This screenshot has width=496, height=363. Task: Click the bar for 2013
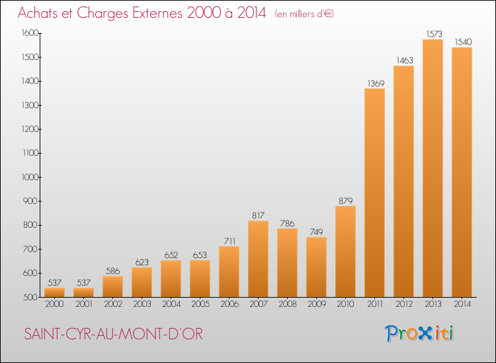coord(433,168)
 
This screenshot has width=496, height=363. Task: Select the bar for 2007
coord(258,259)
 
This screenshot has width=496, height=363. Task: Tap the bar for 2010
coord(345,251)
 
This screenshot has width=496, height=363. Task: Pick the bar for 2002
coord(112,286)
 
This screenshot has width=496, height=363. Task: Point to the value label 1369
coord(376,84)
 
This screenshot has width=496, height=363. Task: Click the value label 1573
coord(434,34)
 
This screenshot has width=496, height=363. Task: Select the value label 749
coord(316,232)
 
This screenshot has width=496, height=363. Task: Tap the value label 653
coord(200,255)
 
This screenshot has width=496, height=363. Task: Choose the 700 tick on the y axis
coord(30,249)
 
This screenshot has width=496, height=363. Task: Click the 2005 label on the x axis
coord(200,304)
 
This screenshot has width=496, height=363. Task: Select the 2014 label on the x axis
coord(462,304)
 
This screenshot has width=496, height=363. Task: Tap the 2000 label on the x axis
coord(54,304)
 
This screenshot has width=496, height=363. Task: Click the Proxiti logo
coord(419,333)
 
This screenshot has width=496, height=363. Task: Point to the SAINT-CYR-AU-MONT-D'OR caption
coord(113,334)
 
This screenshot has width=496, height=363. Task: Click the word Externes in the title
coord(157,13)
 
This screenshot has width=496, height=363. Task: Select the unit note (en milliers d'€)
coord(304,14)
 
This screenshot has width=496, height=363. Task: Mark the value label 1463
coord(405,60)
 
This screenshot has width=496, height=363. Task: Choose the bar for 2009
coord(316,267)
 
